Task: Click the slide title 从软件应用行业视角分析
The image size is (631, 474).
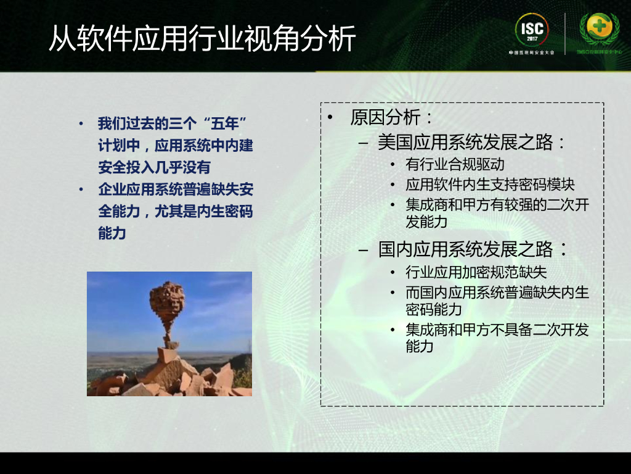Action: click(x=202, y=39)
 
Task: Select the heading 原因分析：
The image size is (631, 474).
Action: click(x=392, y=117)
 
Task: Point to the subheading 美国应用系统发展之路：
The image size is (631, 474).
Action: click(x=472, y=143)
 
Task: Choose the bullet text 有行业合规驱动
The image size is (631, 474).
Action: click(x=455, y=165)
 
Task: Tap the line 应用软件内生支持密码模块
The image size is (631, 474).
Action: click(x=490, y=185)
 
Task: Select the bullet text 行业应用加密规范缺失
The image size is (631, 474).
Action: click(x=476, y=272)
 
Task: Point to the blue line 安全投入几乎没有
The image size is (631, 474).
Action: click(x=154, y=167)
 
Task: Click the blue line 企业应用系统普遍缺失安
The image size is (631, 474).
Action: click(x=176, y=189)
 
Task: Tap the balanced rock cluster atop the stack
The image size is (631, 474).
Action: click(x=167, y=301)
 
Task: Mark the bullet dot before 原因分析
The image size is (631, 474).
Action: click(x=331, y=118)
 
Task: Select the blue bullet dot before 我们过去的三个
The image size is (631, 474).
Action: click(x=81, y=124)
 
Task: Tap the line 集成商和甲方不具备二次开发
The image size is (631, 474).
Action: click(x=497, y=330)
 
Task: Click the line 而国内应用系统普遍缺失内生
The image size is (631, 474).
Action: click(x=497, y=293)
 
